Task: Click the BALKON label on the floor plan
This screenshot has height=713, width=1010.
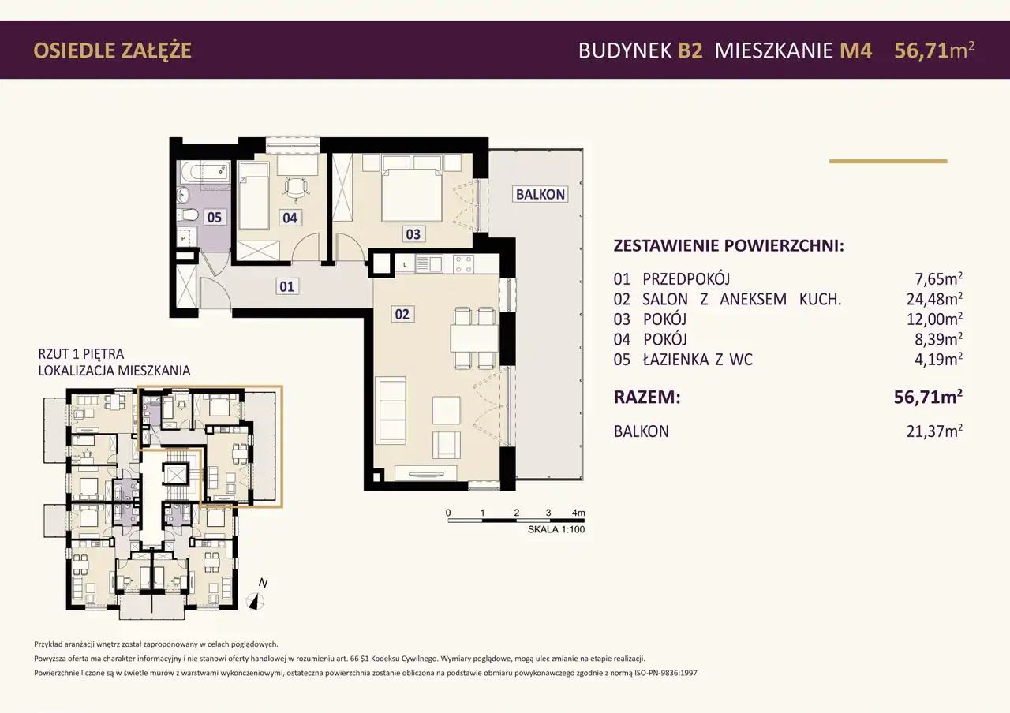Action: coord(541,194)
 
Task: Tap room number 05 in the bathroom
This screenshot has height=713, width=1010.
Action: coord(214,217)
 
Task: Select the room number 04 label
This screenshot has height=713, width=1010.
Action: coord(290,218)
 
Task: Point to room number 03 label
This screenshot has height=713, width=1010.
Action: coord(413,234)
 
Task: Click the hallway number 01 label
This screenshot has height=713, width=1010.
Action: coord(286,286)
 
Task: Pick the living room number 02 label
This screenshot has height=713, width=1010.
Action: coord(402,314)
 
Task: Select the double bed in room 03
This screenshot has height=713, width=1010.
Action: coord(412,189)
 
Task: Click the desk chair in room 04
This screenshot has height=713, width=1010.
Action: coord(296,189)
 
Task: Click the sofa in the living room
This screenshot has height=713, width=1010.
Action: coord(391,410)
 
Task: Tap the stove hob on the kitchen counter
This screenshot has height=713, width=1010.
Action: coord(463,264)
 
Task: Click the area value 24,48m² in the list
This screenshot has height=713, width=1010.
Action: coord(934,298)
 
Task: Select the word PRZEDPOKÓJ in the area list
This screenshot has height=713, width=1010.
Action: coord(686,278)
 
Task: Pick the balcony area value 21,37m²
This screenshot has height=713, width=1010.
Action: coord(934,431)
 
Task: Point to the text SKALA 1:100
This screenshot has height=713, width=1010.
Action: coord(556,529)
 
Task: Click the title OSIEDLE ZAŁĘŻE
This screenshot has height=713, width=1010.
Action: coord(113,50)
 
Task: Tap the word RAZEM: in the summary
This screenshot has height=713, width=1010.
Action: coord(647,397)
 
